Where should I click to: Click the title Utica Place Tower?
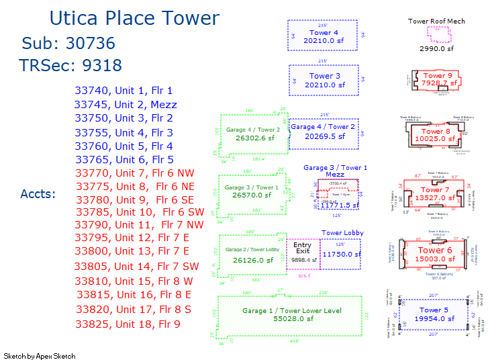click(134, 19)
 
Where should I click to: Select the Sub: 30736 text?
click(68, 44)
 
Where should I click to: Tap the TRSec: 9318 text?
click(70, 65)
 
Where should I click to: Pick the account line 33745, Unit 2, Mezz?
click(126, 105)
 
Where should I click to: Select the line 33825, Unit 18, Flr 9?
click(128, 324)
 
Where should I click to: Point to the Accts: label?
click(38, 194)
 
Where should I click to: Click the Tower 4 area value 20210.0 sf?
click(324, 41)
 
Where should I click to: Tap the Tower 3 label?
click(325, 77)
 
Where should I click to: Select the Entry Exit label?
click(303, 248)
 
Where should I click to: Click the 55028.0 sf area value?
click(292, 319)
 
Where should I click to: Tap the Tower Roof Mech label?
click(436, 21)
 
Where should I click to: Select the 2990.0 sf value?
click(436, 48)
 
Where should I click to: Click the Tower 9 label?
click(436, 76)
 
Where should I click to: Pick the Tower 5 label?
click(434, 310)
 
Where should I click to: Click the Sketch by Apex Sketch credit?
click(40, 356)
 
